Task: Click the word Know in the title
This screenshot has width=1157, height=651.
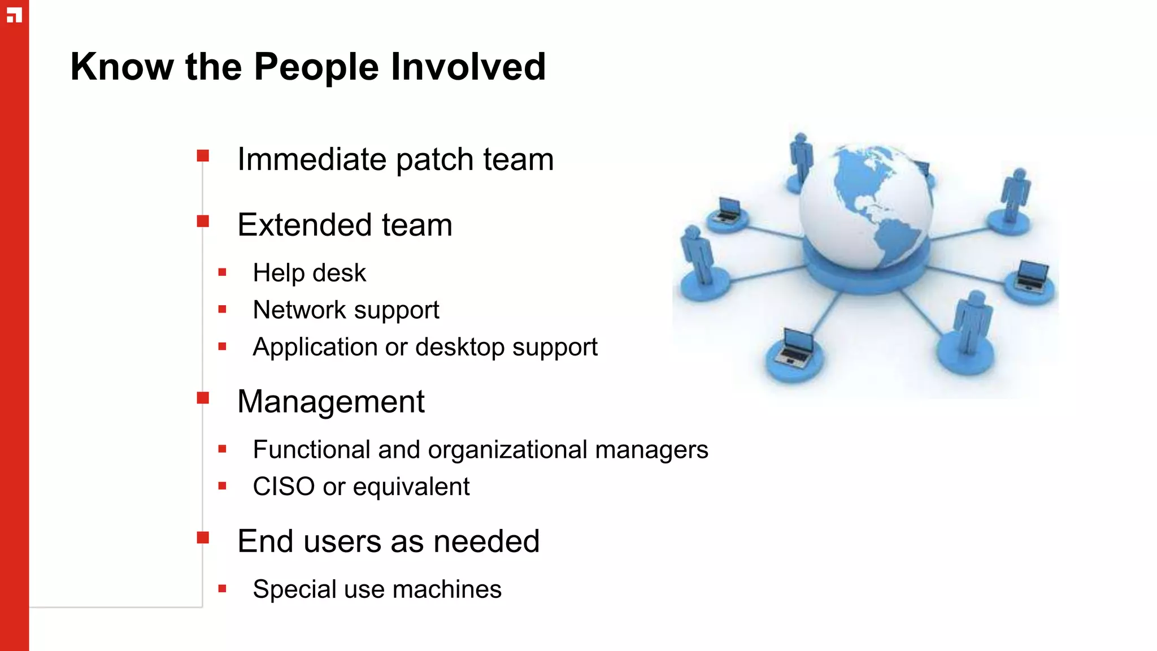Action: [x=122, y=67]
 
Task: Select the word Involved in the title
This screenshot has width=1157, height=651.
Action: [x=468, y=67]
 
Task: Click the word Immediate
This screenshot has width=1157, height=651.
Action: [x=312, y=159]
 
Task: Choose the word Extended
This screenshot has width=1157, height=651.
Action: [x=305, y=225]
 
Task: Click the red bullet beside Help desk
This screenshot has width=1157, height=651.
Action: [x=223, y=272]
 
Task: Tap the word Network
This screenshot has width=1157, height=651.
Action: [x=299, y=310]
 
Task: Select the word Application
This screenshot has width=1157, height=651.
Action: [x=315, y=348]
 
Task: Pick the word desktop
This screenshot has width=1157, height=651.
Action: [x=460, y=348]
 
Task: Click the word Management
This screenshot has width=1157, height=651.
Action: [x=330, y=402]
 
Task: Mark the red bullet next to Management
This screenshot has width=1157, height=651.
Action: [x=203, y=398]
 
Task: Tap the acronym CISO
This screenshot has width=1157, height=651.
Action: [x=284, y=487]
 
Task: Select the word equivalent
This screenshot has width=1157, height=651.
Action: [x=411, y=487]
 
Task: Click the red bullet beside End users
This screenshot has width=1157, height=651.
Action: [x=203, y=537]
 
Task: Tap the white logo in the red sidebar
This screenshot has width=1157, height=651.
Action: [x=14, y=15]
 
